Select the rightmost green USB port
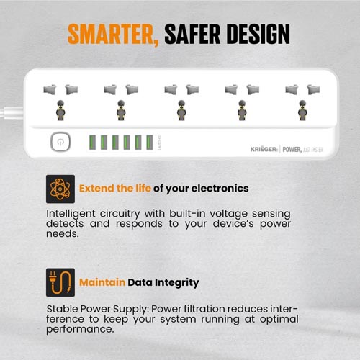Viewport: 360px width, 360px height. click(149, 142)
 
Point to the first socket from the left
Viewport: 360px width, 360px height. click(60, 101)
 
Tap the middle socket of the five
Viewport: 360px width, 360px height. click(181, 101)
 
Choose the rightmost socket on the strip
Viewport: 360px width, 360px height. click(301, 101)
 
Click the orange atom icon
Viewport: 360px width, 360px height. click(60, 189)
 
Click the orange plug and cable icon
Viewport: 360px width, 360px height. click(60, 283)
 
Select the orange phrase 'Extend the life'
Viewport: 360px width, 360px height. click(115, 189)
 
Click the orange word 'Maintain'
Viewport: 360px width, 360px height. click(102, 283)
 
